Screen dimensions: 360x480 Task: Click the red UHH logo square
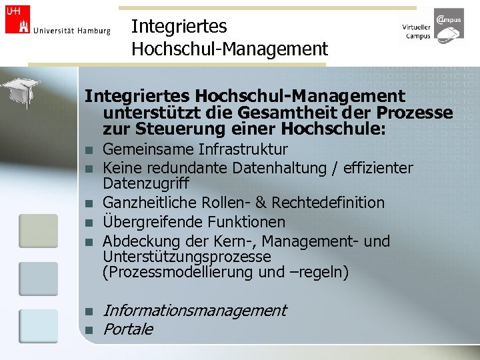tap(18, 19)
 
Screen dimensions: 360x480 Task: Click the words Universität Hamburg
tap(72, 31)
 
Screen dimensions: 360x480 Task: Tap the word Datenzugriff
tap(146, 183)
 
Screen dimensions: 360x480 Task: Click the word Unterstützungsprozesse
tap(187, 257)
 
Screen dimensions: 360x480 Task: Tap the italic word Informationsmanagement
tap(195, 310)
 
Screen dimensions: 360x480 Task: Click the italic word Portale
tap(128, 329)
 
